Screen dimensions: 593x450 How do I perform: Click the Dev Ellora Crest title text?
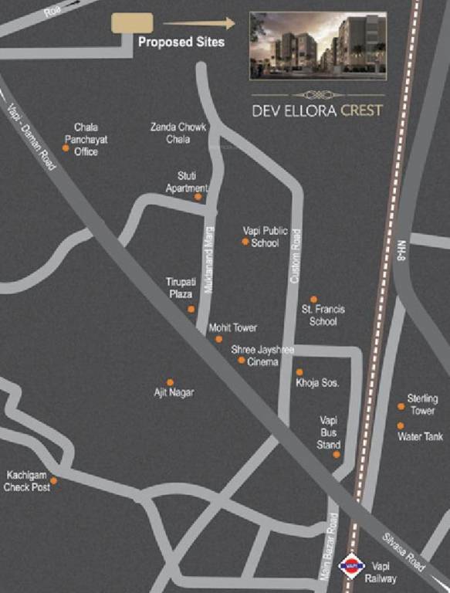click(x=316, y=110)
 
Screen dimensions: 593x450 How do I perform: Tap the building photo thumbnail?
click(x=318, y=45)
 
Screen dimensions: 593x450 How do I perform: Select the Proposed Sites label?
click(x=181, y=42)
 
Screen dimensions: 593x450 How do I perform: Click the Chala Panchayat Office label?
click(x=86, y=139)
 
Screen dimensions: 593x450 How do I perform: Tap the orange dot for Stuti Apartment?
click(x=198, y=197)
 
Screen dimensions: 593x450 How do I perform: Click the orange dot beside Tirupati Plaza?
click(x=191, y=309)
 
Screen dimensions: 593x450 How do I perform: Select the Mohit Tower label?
click(x=233, y=327)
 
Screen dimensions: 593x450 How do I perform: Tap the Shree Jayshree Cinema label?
click(x=262, y=355)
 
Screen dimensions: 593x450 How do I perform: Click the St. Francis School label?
click(x=323, y=315)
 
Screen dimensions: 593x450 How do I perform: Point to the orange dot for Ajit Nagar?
click(x=170, y=382)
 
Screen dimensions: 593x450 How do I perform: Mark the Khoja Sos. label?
click(x=318, y=383)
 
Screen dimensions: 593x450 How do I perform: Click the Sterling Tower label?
click(x=422, y=404)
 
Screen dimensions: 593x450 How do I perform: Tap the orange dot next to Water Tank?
click(x=401, y=425)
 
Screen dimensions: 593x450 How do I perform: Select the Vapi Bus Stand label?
click(x=329, y=432)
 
